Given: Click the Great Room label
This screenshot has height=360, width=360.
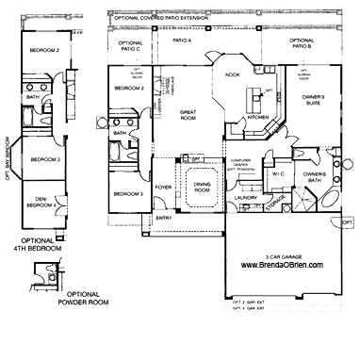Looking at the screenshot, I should (x=187, y=114).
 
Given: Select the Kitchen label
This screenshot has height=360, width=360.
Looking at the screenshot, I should (x=258, y=118).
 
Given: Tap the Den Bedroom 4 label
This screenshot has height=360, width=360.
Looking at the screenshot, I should (x=37, y=200).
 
